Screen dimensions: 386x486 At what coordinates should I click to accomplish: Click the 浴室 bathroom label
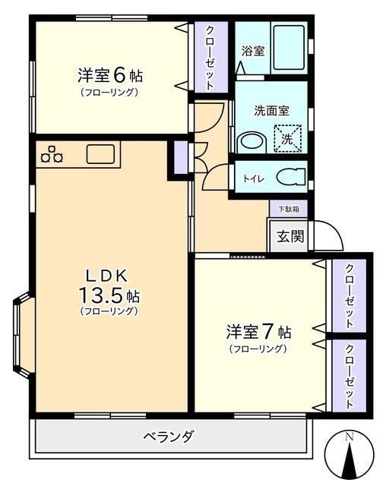click(x=253, y=51)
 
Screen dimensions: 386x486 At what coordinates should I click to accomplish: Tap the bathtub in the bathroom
click(x=289, y=48)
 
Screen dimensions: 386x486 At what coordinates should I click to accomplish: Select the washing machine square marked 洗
click(x=287, y=139)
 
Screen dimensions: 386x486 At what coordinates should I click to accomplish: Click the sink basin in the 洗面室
click(x=252, y=144)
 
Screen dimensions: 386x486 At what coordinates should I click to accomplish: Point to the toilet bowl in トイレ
click(x=291, y=178)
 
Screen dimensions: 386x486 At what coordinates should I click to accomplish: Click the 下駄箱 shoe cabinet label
click(x=289, y=210)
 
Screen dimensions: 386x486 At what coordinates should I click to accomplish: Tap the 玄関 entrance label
click(x=290, y=236)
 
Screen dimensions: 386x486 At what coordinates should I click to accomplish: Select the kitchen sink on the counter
click(x=100, y=154)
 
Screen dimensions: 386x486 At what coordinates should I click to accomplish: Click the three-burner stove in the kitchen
click(x=52, y=154)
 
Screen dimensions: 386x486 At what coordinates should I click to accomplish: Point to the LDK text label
click(x=106, y=276)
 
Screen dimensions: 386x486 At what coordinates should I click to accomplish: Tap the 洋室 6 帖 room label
click(x=110, y=75)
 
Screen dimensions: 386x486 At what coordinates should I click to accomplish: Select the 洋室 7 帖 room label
click(x=259, y=331)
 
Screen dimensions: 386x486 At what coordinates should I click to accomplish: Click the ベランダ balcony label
click(x=169, y=437)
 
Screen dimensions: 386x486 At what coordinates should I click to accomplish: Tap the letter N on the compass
click(x=350, y=437)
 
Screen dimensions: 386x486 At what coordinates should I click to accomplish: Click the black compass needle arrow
click(x=350, y=459)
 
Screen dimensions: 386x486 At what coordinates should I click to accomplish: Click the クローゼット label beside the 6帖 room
click(x=210, y=58)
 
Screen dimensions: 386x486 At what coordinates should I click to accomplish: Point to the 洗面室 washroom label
click(x=271, y=110)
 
